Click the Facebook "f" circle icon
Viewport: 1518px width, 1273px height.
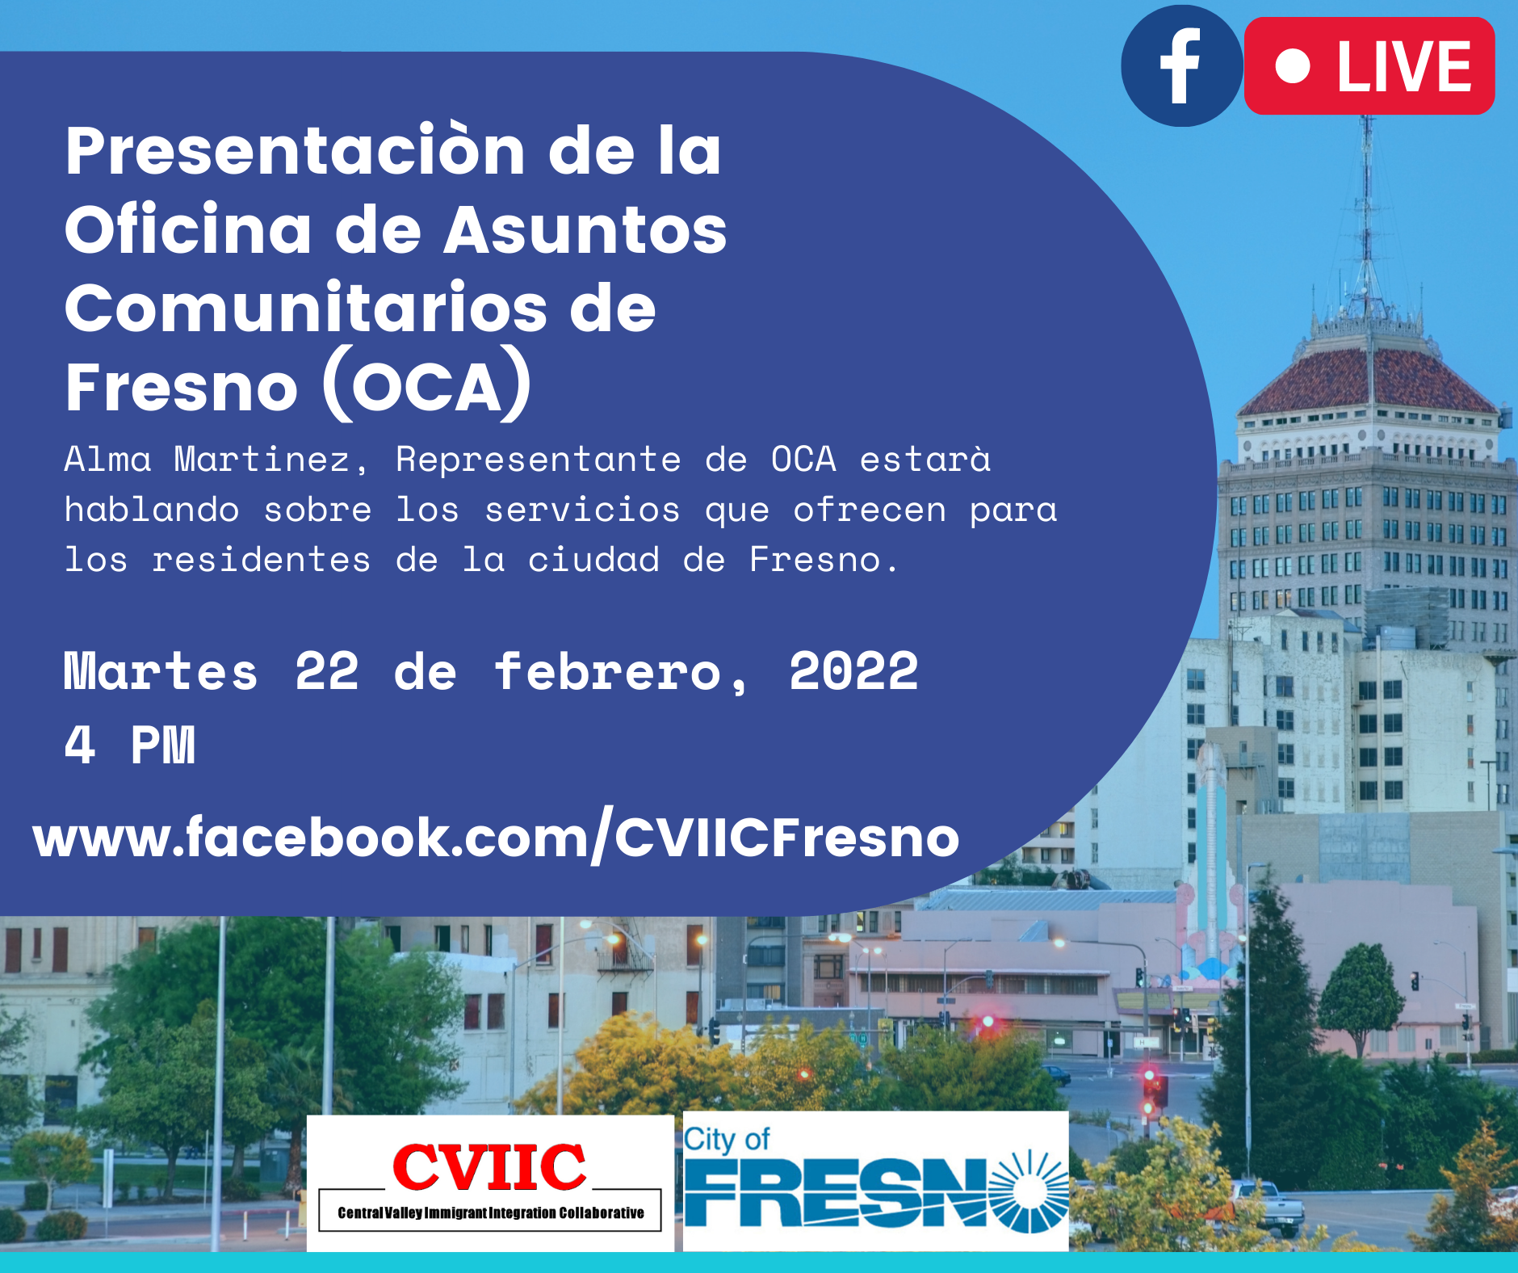click(x=1181, y=65)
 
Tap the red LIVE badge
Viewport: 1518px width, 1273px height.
click(x=1369, y=65)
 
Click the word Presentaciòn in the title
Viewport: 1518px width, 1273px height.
click(x=296, y=151)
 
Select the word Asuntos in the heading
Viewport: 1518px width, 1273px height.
click(x=585, y=229)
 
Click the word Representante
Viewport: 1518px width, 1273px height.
click(x=539, y=461)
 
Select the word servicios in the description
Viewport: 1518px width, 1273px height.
click(x=582, y=510)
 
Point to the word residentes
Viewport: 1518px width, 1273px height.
click(x=262, y=560)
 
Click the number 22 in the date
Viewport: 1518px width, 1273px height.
click(x=327, y=671)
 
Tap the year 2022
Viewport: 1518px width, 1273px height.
click(x=853, y=671)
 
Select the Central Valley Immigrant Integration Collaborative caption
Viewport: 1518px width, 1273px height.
click(x=491, y=1212)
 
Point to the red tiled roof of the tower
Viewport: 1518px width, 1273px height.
click(x=1369, y=380)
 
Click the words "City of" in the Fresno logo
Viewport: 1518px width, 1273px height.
click(x=727, y=1140)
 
